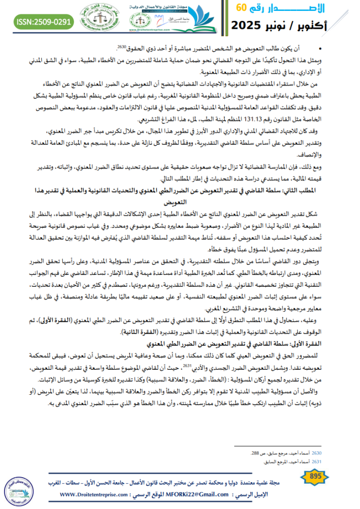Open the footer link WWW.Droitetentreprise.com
click(100, 495)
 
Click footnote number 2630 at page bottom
click(317, 453)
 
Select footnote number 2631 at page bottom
click(317, 461)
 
